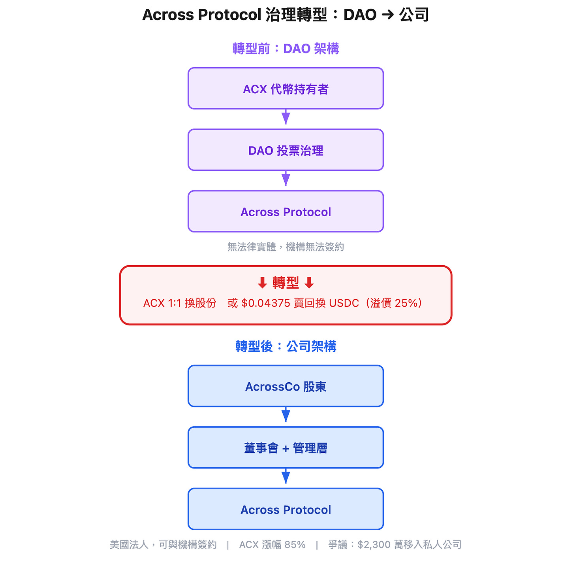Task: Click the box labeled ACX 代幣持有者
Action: click(286, 89)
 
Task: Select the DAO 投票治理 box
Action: click(286, 150)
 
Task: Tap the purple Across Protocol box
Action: click(286, 212)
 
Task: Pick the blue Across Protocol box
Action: click(286, 509)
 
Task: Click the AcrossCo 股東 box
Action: click(286, 386)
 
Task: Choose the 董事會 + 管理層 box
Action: click(286, 448)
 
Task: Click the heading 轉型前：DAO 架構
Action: click(286, 49)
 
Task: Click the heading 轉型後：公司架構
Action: click(286, 346)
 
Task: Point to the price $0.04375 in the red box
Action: click(266, 303)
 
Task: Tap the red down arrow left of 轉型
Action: click(262, 283)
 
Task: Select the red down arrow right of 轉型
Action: click(309, 283)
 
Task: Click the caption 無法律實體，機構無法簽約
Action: click(286, 247)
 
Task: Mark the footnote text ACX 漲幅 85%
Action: click(272, 545)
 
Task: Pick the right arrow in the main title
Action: click(388, 15)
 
